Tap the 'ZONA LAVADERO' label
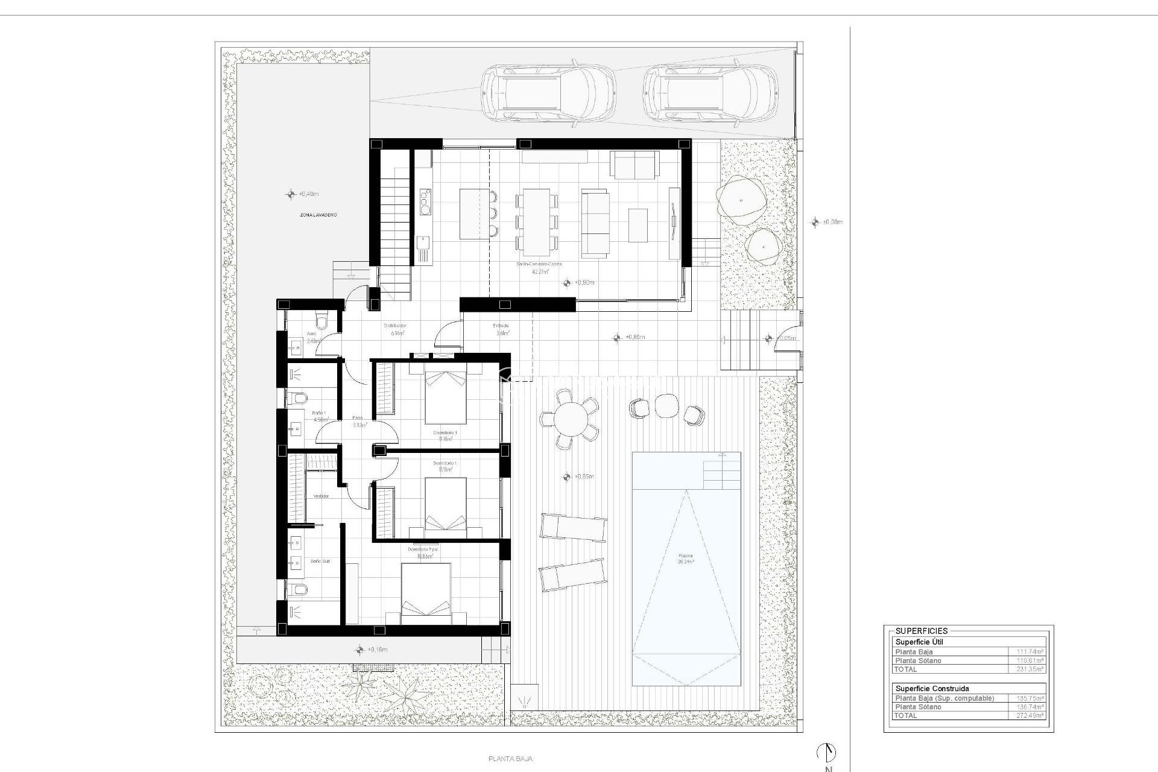pos(318,215)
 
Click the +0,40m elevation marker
pos(291,194)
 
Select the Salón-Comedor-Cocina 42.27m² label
pos(539,268)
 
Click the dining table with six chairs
pos(536,222)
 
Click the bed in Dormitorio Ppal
pos(426,594)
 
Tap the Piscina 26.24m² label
pos(685,558)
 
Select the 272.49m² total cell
pos(1028,715)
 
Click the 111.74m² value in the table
pos(1028,652)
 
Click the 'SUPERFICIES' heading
pos(921,631)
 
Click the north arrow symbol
pos(826,752)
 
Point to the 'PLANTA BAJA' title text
pos(510,759)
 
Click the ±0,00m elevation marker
pos(816,222)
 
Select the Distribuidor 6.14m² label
pos(395,329)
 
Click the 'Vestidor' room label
pos(321,496)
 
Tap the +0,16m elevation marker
pos(360,650)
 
